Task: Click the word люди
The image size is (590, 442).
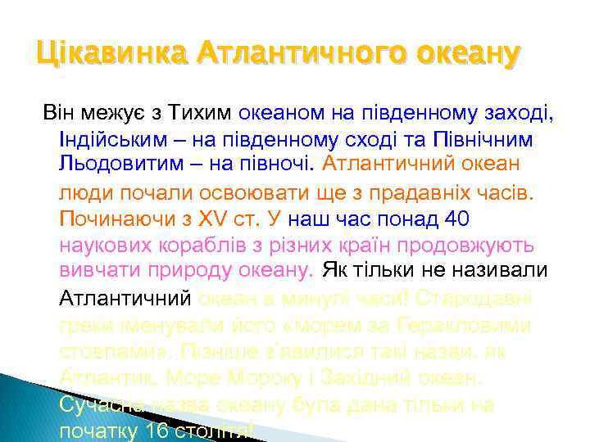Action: (80, 192)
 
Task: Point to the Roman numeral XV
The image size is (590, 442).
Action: (211, 219)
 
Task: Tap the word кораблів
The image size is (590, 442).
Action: (202, 246)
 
